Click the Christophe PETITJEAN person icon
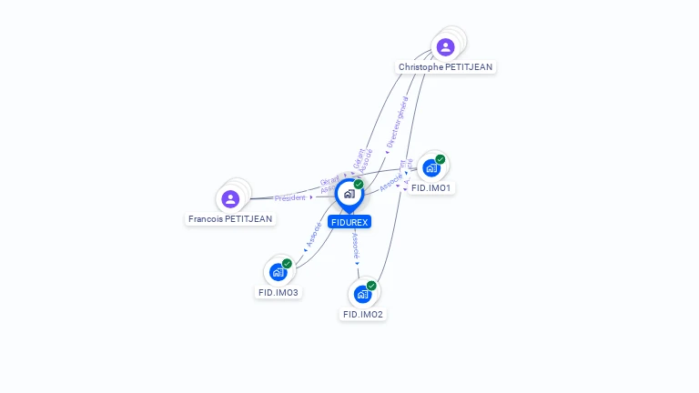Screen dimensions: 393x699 pyautogui.click(x=445, y=47)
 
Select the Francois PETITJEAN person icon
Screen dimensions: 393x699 pyautogui.click(x=230, y=198)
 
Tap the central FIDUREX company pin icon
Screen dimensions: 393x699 pyautogui.click(x=349, y=194)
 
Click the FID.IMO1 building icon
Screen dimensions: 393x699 pyautogui.click(x=431, y=168)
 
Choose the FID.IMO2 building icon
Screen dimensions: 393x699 pyautogui.click(x=362, y=294)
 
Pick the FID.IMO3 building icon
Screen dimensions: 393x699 pyautogui.click(x=278, y=272)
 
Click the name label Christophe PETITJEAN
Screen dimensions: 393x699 pyautogui.click(x=446, y=67)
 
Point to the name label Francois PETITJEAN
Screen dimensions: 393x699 pyautogui.click(x=230, y=219)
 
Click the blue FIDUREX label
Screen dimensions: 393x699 pyautogui.click(x=349, y=222)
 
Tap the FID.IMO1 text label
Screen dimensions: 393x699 pyautogui.click(x=431, y=188)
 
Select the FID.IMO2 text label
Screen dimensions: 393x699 pyautogui.click(x=362, y=315)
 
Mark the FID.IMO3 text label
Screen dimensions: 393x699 pyautogui.click(x=279, y=293)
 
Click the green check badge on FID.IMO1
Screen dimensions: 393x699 pyautogui.click(x=441, y=159)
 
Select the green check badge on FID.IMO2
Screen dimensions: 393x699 pyautogui.click(x=371, y=286)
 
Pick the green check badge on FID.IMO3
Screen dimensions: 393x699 pyautogui.click(x=287, y=264)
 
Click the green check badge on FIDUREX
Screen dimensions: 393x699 pyautogui.click(x=359, y=184)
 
